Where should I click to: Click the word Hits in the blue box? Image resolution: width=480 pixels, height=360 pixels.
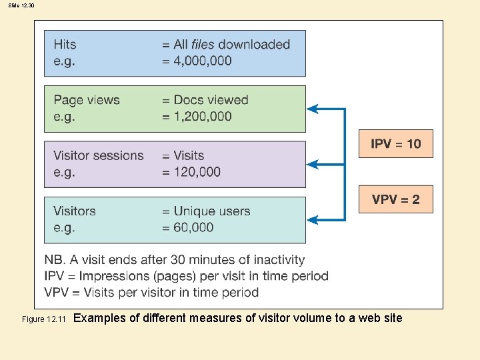pyautogui.click(x=65, y=45)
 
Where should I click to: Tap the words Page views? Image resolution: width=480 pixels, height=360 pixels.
pyautogui.click(x=87, y=100)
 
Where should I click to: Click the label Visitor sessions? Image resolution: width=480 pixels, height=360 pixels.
pyautogui.click(x=99, y=155)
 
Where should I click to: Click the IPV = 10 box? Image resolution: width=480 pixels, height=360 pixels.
pyautogui.click(x=396, y=143)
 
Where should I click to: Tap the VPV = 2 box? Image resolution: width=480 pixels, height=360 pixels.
pyautogui.click(x=396, y=199)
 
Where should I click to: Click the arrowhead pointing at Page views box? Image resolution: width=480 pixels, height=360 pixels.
pyautogui.click(x=312, y=109)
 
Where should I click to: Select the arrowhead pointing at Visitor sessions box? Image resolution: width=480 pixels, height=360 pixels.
pyautogui.click(x=312, y=164)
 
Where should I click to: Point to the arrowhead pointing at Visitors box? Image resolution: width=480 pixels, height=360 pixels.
pyautogui.click(x=312, y=219)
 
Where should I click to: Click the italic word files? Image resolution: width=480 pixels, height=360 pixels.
pyautogui.click(x=203, y=45)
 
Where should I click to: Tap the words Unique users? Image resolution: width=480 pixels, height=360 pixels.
pyautogui.click(x=212, y=211)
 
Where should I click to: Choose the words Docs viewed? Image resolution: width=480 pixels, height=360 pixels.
pyautogui.click(x=211, y=100)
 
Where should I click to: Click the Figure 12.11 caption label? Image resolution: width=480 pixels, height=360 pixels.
pyautogui.click(x=43, y=319)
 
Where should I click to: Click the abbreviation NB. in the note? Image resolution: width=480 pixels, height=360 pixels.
pyautogui.click(x=55, y=260)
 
